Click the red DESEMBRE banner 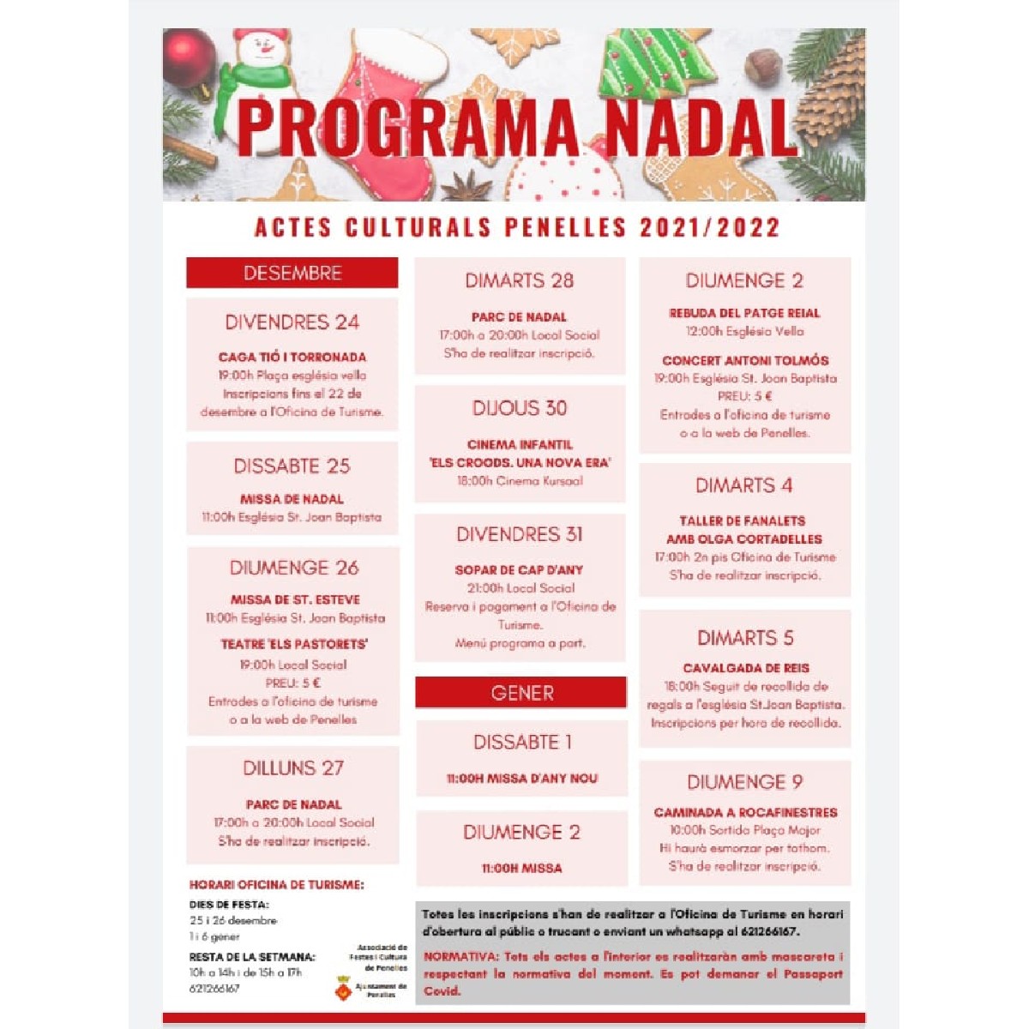point(292,274)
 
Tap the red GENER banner point(521,693)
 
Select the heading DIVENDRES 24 point(292,323)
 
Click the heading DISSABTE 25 point(292,466)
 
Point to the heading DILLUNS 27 point(292,768)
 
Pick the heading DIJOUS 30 point(520,408)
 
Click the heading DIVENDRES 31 point(520,535)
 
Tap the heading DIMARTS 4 point(744,486)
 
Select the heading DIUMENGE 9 point(744,782)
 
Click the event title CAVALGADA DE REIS point(745,668)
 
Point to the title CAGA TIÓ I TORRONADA point(292,357)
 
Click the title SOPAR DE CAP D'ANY point(520,570)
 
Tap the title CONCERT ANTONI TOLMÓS point(745,360)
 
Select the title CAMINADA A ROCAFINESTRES point(745,812)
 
